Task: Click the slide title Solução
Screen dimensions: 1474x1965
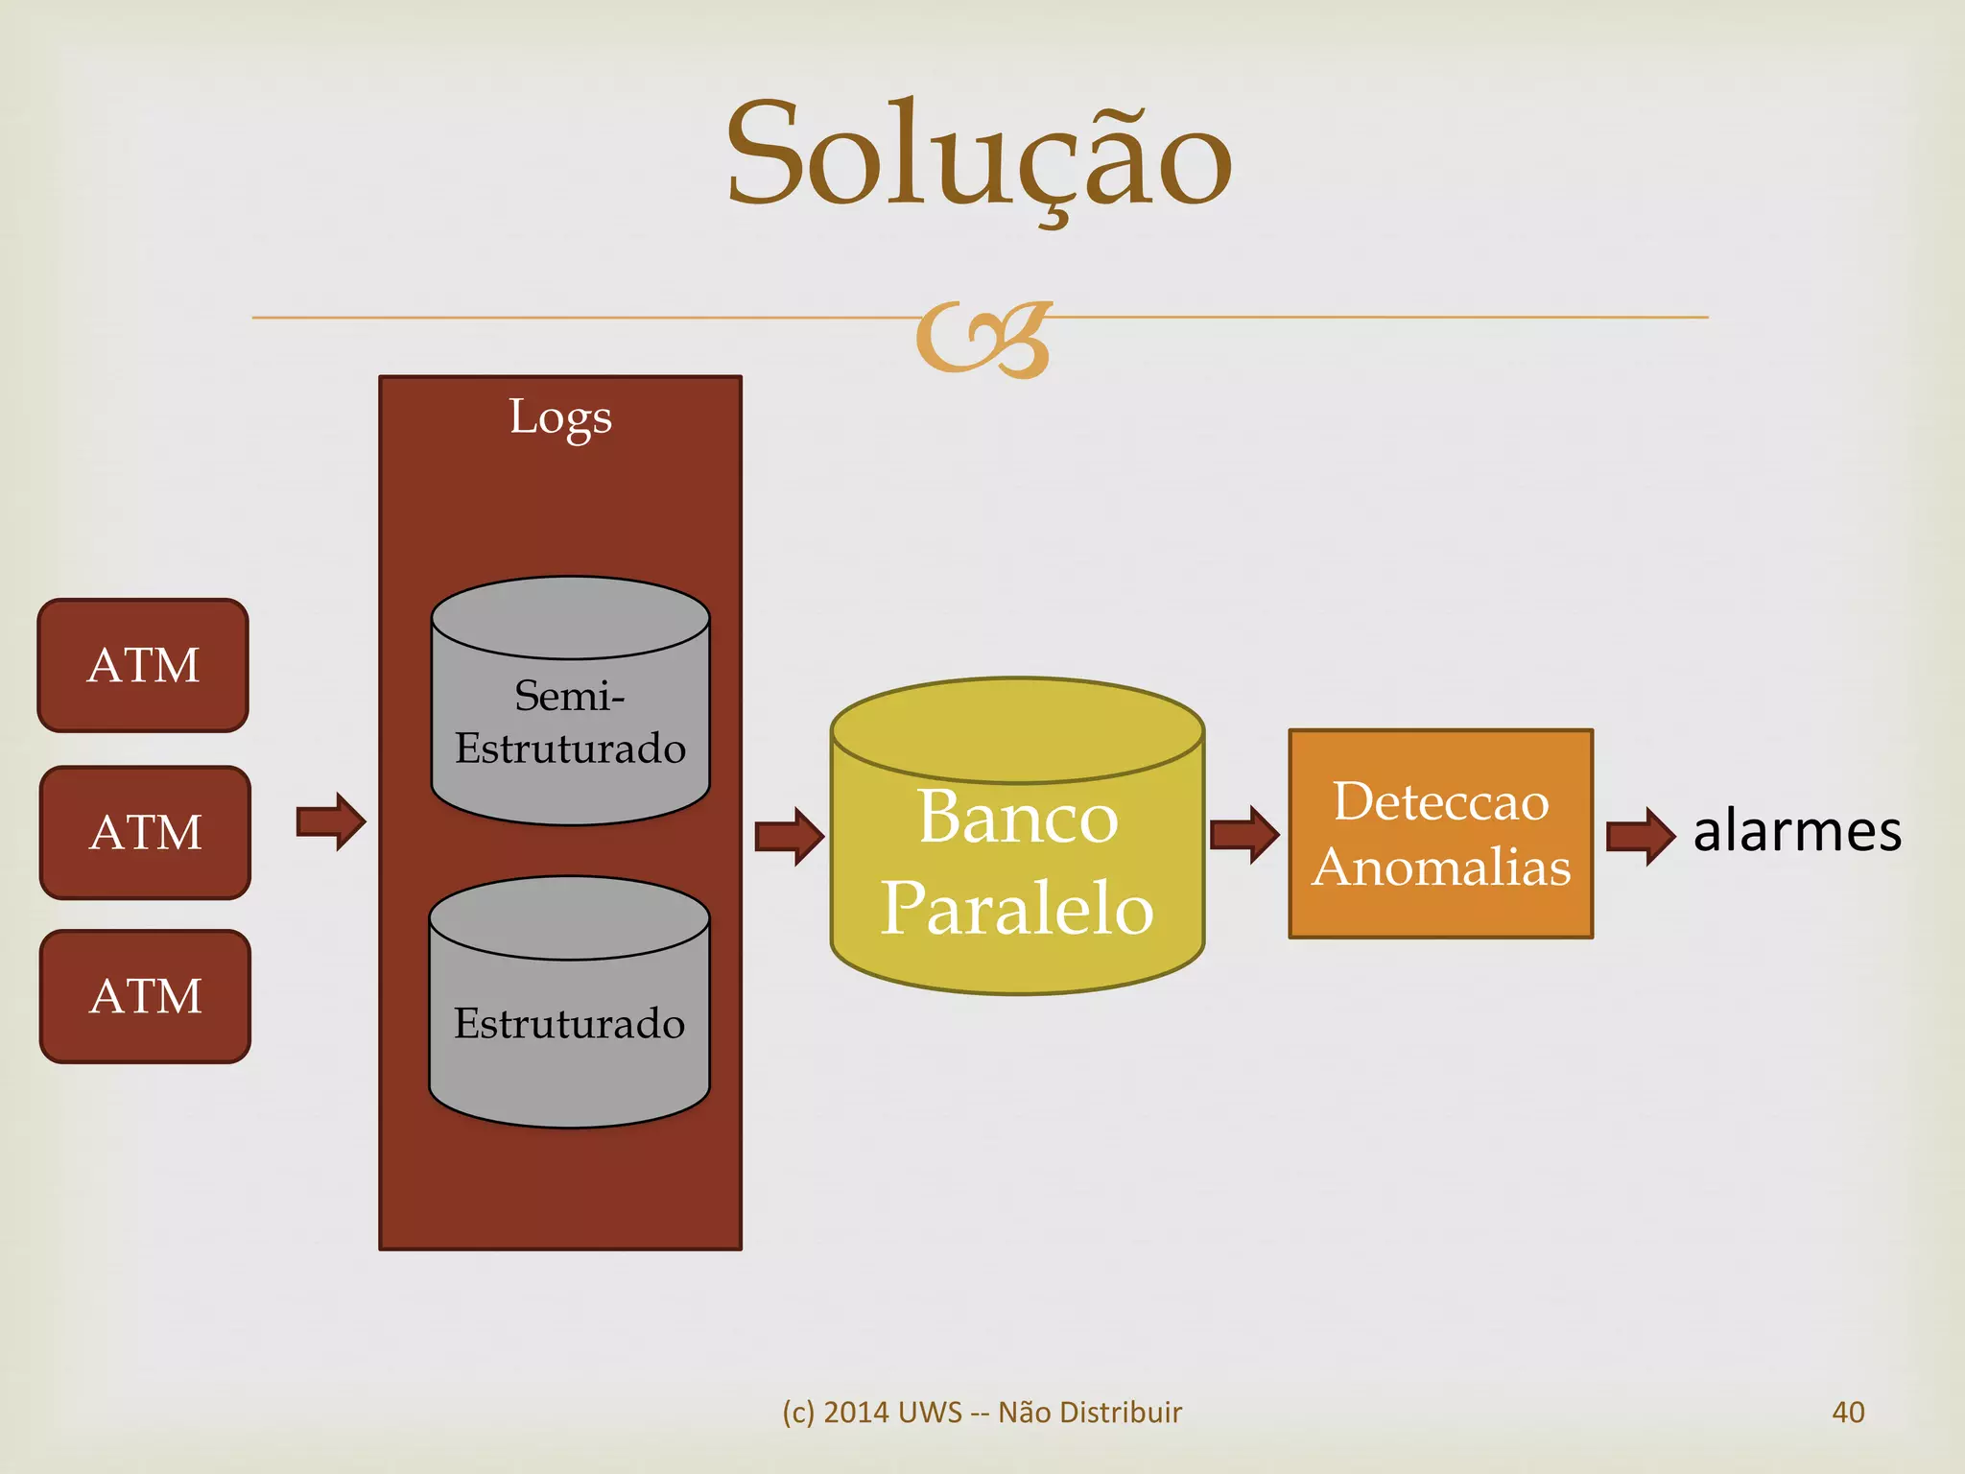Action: point(979,155)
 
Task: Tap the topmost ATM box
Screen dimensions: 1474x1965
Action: point(143,665)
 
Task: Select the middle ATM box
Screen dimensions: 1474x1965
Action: point(145,832)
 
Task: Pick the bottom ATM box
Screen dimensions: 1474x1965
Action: point(145,996)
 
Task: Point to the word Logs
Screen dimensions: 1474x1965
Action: point(560,416)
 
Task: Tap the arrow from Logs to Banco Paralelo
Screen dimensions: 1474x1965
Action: point(789,836)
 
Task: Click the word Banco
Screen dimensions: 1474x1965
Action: point(1018,817)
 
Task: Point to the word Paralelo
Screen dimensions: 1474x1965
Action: point(1017,907)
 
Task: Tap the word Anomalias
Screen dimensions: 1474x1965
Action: point(1441,867)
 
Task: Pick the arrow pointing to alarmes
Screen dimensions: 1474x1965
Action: point(1641,836)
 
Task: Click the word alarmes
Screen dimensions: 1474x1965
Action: point(1797,831)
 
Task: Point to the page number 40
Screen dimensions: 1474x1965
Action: point(1848,1412)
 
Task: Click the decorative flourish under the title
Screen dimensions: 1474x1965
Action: point(983,340)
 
